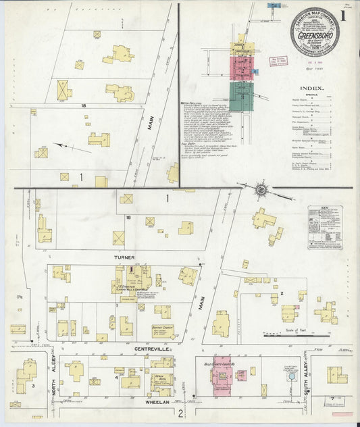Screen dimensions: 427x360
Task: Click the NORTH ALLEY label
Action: (x=52, y=376)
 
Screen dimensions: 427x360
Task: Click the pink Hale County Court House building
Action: (x=222, y=375)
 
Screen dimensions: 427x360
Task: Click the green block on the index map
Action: (x=240, y=96)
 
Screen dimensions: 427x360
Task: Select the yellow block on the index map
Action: (x=241, y=48)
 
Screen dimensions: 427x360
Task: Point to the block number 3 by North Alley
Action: (x=33, y=386)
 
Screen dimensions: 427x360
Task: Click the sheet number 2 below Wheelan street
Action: (x=180, y=412)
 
